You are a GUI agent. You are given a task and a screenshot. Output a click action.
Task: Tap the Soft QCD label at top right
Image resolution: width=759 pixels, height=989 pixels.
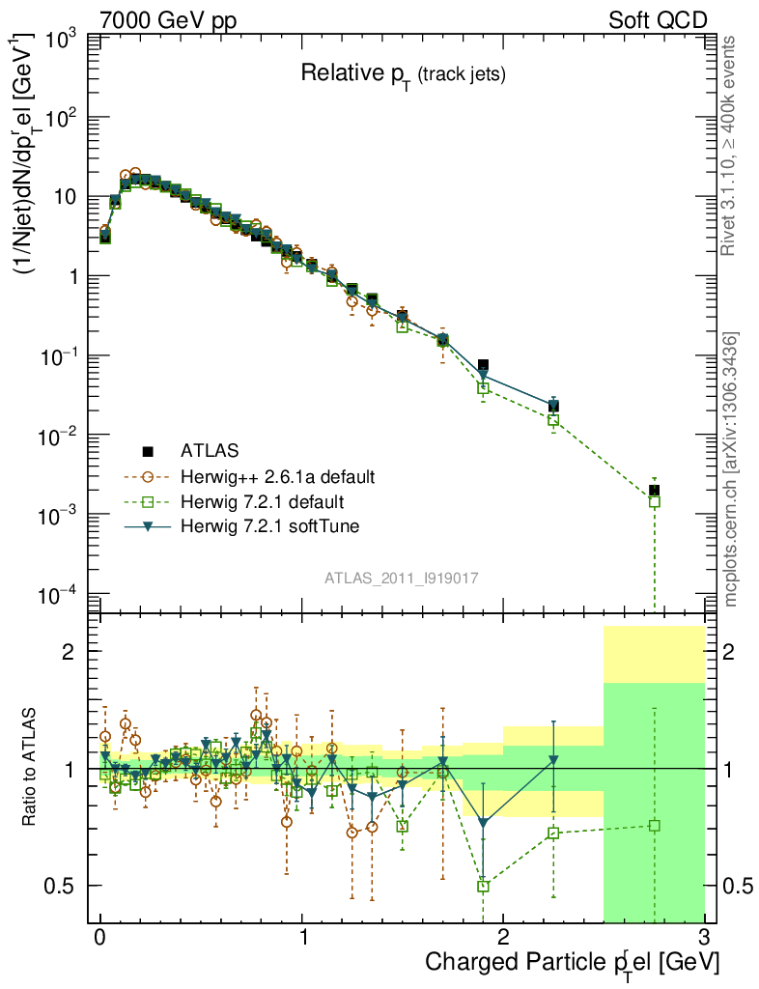pos(657,19)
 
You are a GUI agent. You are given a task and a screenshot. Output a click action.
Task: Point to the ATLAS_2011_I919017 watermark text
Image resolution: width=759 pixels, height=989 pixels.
pos(403,578)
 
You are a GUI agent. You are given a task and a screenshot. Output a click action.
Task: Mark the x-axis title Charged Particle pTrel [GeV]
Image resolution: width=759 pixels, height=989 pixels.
pos(573,963)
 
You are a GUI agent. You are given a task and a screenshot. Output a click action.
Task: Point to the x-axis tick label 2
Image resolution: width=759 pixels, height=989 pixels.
pos(503,937)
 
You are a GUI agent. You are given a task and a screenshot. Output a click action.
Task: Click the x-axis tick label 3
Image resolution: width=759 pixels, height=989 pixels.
pos(704,937)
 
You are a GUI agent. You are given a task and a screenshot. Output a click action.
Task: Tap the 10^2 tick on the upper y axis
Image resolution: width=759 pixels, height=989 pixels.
pos(62,118)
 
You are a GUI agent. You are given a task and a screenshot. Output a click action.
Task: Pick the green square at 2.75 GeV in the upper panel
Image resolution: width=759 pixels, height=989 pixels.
pos(655,501)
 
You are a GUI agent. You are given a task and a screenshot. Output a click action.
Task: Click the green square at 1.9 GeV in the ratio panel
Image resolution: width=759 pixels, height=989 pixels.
pos(484,886)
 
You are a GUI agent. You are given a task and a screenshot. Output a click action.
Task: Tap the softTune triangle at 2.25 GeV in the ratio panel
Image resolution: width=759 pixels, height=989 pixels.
pos(553,759)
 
